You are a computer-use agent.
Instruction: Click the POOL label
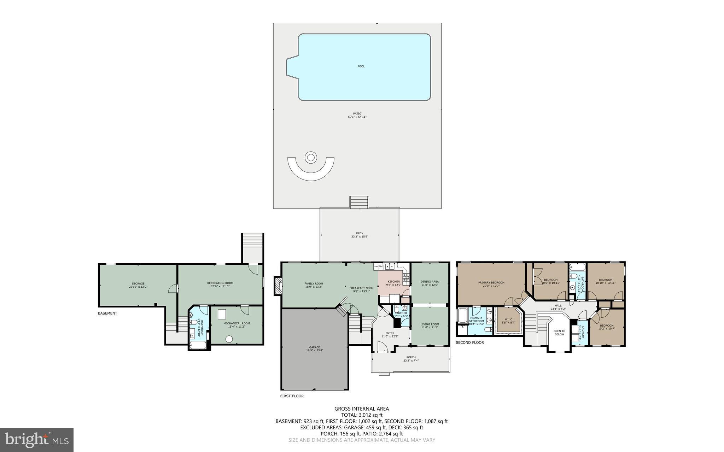(x=361, y=66)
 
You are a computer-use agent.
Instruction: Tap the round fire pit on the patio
(x=311, y=157)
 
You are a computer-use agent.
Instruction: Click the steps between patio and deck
(x=359, y=202)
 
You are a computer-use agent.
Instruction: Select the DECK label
(x=360, y=233)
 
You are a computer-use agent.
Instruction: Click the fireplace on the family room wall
(x=278, y=285)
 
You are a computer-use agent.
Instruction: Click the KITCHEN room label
(x=393, y=282)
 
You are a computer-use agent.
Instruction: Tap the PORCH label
(x=411, y=357)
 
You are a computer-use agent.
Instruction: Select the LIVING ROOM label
(x=430, y=324)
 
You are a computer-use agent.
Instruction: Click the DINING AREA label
(x=430, y=282)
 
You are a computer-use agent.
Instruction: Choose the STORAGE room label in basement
(x=138, y=283)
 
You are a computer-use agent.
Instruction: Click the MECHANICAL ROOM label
(x=237, y=323)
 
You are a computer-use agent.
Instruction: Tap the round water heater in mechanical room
(x=229, y=339)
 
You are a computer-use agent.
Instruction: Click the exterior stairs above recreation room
(x=252, y=247)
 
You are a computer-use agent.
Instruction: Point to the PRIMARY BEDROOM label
(x=491, y=282)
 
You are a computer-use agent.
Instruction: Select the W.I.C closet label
(x=508, y=319)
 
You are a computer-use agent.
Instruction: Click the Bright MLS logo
(x=37, y=440)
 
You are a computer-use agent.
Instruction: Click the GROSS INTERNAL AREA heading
(x=362, y=409)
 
